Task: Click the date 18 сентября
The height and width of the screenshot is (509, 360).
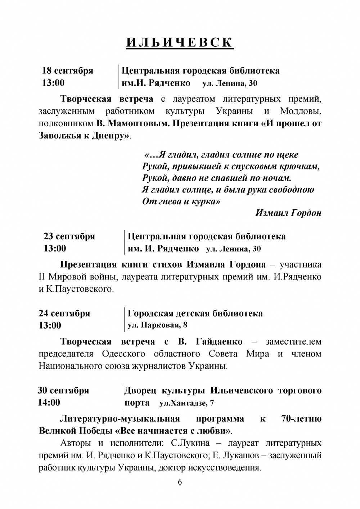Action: [x=68, y=71]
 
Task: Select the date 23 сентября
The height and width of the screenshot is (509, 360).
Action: [x=69, y=236]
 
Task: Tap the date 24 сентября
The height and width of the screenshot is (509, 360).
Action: [x=64, y=313]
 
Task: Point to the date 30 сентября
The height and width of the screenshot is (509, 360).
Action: [x=63, y=390]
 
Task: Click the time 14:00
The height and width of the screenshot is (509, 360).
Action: [x=49, y=402]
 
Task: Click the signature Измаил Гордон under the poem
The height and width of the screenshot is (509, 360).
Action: [x=288, y=213]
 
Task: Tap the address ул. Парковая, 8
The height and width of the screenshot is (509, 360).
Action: [x=157, y=326]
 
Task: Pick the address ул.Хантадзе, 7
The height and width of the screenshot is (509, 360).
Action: [x=186, y=403]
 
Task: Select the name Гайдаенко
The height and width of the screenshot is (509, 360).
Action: [x=219, y=341]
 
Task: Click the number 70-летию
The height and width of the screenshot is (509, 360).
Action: [x=300, y=419]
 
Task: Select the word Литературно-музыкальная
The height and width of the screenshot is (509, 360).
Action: [x=120, y=419]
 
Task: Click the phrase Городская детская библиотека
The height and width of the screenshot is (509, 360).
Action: [x=195, y=313]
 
